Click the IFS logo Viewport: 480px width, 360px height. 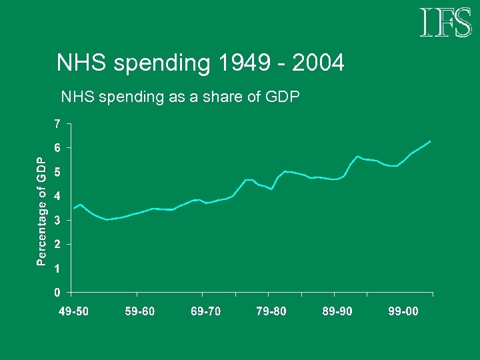pyautogui.click(x=445, y=23)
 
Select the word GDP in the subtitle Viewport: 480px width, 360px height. pyautogui.click(x=283, y=97)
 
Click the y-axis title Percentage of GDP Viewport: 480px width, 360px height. pyautogui.click(x=41, y=211)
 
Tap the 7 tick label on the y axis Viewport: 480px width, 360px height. pyautogui.click(x=58, y=123)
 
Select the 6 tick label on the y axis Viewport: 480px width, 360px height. pyautogui.click(x=58, y=147)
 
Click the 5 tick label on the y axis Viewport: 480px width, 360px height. pyautogui.click(x=58, y=172)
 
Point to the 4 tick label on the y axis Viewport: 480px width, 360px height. pyautogui.click(x=58, y=196)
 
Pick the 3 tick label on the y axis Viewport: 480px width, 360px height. pyautogui.click(x=58, y=220)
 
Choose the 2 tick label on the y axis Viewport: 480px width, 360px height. pyautogui.click(x=58, y=244)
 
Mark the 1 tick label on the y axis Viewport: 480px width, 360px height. pyautogui.click(x=58, y=268)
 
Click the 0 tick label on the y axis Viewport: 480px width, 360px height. pyautogui.click(x=58, y=292)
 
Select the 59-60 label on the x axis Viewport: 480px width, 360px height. pyautogui.click(x=140, y=311)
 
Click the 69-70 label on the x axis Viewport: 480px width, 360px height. pyautogui.click(x=206, y=311)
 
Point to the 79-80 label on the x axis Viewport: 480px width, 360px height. pyautogui.click(x=271, y=311)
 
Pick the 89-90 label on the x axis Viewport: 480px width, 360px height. pyautogui.click(x=337, y=311)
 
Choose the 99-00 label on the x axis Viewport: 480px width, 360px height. pyautogui.click(x=403, y=311)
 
